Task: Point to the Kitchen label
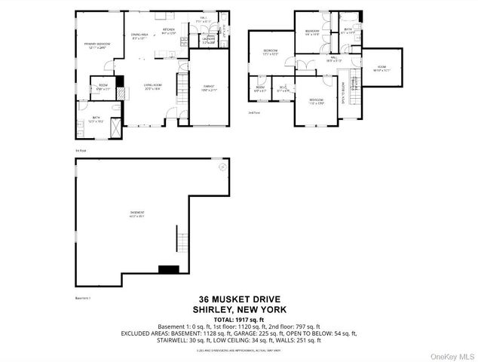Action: (169, 32)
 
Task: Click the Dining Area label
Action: (139, 36)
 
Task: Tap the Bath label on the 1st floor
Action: (96, 118)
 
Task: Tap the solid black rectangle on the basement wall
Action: (167, 269)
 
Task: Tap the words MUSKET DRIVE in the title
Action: (249, 299)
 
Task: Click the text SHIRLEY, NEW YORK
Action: (238, 309)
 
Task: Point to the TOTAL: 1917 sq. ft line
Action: (238, 318)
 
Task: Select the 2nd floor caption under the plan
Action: (253, 112)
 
